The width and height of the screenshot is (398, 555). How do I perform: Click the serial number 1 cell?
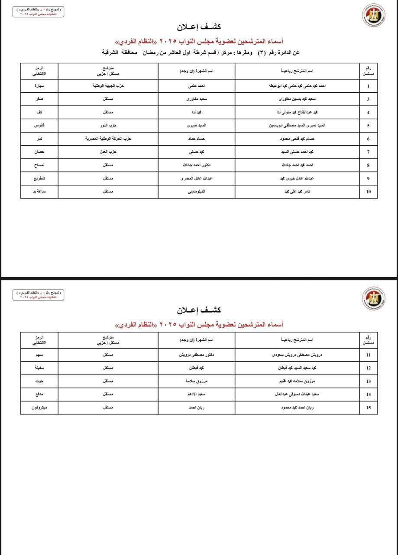pos(368,86)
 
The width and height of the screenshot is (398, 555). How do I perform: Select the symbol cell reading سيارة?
pos(39,86)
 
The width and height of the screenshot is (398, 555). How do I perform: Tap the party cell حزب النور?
pos(108,125)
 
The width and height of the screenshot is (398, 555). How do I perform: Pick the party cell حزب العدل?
pos(108,152)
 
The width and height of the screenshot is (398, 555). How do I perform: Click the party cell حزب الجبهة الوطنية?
pos(108,86)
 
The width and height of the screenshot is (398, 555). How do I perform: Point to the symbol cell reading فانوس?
pos(39,125)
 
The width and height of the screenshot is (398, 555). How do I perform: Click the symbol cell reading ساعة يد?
pos(39,191)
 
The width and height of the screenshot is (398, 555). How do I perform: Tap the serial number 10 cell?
pos(368,191)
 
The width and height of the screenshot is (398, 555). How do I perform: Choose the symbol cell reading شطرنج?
pos(39,178)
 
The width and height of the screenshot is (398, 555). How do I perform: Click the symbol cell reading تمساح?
pos(39,165)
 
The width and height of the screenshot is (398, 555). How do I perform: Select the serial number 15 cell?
pos(368,407)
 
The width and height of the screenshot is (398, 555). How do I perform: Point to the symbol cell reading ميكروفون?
pos(39,407)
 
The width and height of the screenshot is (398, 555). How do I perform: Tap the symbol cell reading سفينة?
pos(39,368)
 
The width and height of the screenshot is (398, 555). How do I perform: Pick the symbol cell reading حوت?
pos(39,381)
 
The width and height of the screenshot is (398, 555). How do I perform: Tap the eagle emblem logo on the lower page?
pos(374,298)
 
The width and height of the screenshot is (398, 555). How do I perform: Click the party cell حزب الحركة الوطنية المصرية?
pos(108,139)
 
